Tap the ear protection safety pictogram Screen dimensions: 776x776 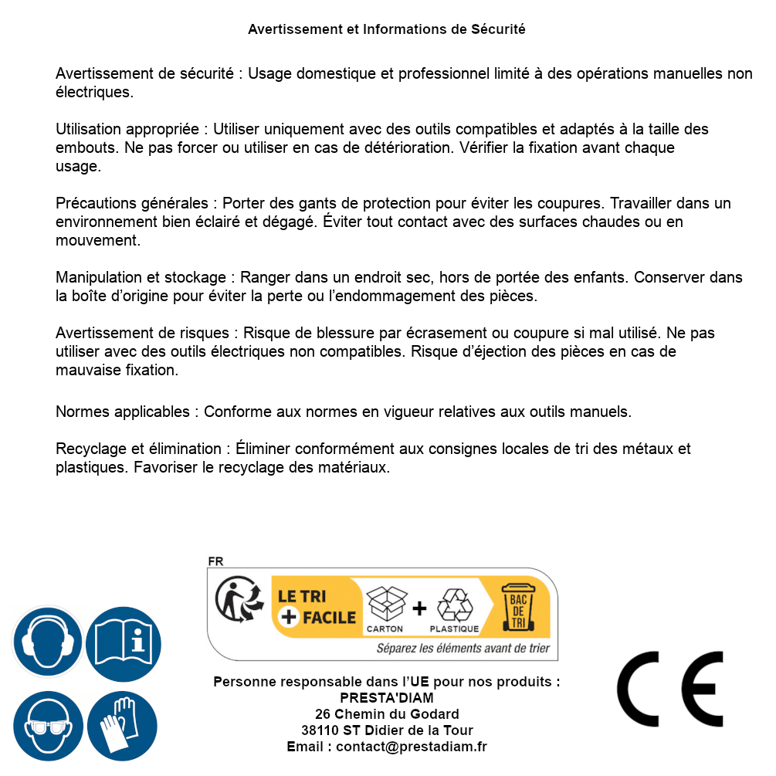[48, 642]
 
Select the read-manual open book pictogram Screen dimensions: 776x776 [123, 642]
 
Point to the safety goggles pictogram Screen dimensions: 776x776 [48, 727]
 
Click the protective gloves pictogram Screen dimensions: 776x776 [123, 727]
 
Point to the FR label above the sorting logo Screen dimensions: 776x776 [215, 561]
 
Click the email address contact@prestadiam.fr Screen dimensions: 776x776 [412, 747]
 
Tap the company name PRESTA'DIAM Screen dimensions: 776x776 [387, 698]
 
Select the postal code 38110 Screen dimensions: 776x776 [317, 730]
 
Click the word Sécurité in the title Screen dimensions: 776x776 [498, 29]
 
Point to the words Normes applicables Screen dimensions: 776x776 [122, 412]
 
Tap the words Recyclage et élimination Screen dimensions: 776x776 [138, 449]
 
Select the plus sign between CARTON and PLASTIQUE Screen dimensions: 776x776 [419, 608]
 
